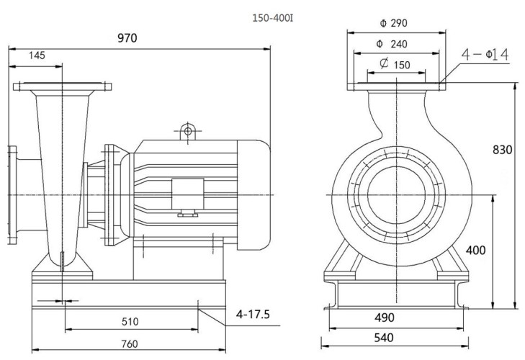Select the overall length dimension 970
click(127, 38)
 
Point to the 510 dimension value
click(130, 321)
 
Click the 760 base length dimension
click(129, 343)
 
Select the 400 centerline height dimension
click(477, 251)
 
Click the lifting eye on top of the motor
click(187, 130)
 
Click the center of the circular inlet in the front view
click(398, 195)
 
